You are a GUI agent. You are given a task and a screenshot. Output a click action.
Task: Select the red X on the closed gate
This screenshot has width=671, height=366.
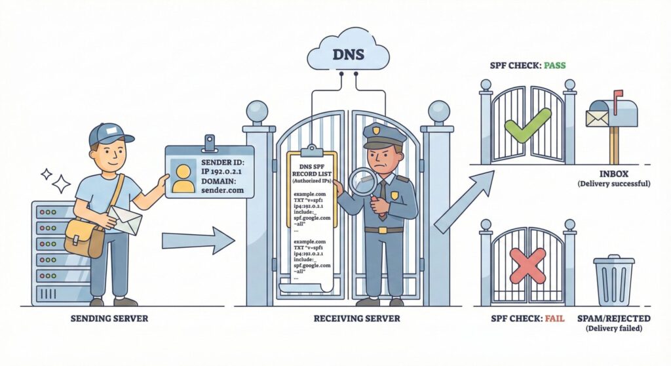point(527,266)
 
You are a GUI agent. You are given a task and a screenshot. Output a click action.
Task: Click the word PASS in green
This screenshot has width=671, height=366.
point(553,66)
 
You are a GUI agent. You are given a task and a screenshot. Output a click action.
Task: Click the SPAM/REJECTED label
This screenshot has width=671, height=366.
point(614,318)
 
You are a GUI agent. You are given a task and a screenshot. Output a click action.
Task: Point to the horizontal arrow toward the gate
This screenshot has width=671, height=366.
point(197,240)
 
